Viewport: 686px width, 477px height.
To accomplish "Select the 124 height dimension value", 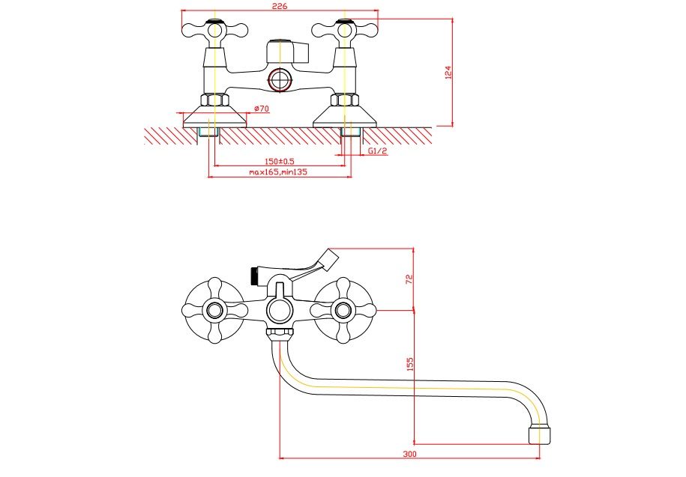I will tap(448, 73).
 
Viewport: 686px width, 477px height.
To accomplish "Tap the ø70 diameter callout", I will tap(261, 109).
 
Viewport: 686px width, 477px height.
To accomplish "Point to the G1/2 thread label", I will tap(378, 151).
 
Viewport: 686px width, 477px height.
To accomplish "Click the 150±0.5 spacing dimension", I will tap(280, 162).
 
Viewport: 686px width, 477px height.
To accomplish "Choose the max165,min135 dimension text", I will tap(279, 172).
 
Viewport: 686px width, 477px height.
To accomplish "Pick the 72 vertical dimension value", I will tap(409, 279).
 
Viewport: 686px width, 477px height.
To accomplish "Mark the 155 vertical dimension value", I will tap(409, 364).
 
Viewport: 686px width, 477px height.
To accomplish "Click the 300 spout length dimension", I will tap(409, 454).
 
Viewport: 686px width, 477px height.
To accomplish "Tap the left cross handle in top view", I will tap(214, 31).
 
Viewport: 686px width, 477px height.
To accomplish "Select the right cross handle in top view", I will tap(344, 31).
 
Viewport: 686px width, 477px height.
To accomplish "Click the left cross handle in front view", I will tap(215, 309).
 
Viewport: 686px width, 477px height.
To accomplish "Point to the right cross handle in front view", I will tap(344, 309).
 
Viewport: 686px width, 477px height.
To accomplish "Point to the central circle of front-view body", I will tap(280, 309).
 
